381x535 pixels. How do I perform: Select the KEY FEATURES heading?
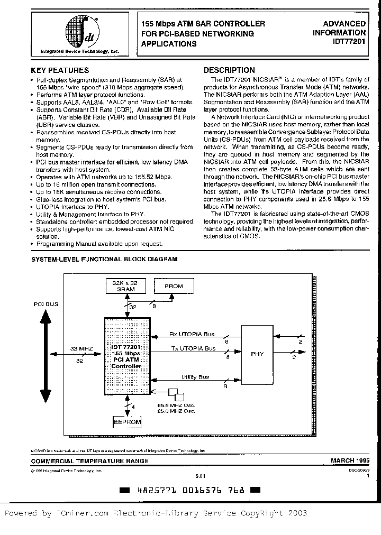tap(60, 70)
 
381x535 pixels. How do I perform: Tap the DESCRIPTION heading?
tap(229, 70)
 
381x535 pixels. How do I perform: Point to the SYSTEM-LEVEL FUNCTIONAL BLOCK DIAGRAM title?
tap(104, 259)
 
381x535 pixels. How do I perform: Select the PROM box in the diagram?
tap(174, 286)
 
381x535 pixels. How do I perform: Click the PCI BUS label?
tap(46, 305)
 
